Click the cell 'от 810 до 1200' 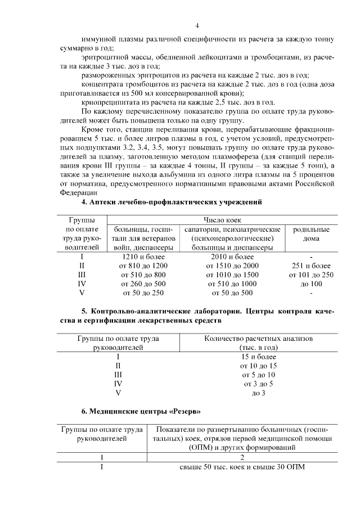click(x=143, y=265)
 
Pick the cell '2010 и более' click(x=232, y=256)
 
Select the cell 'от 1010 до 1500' click(x=232, y=274)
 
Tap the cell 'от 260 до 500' click(x=143, y=283)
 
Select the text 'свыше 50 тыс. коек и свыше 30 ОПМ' click(x=244, y=467)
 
